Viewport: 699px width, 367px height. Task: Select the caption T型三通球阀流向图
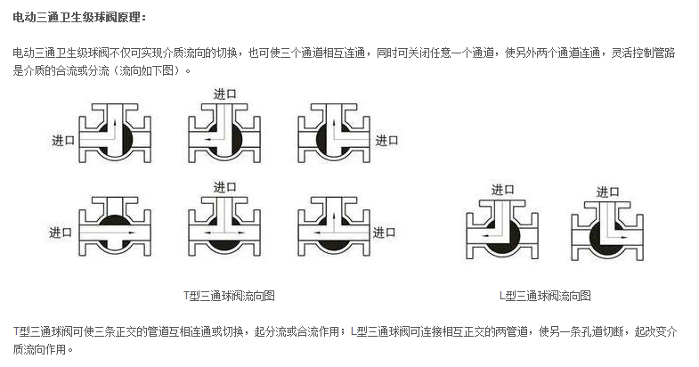tap(229, 295)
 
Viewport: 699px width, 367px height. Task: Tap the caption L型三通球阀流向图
tap(545, 295)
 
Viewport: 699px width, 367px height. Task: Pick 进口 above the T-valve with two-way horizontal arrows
tap(224, 187)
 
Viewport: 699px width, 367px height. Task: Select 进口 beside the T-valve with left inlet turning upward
tap(62, 140)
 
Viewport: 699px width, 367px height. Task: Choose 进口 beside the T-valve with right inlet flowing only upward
tap(386, 140)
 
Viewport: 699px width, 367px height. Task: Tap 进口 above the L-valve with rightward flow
tap(608, 192)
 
